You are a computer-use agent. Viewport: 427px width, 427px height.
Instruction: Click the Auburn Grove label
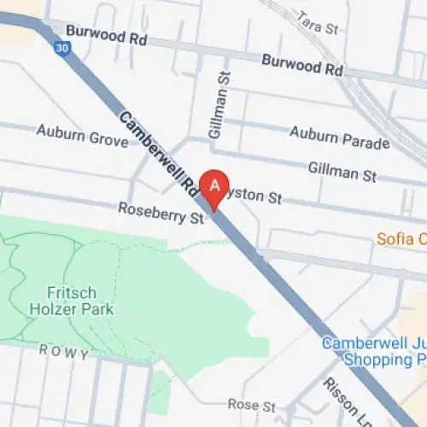[82, 132]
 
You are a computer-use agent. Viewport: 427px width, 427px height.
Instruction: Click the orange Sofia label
[401, 237]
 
